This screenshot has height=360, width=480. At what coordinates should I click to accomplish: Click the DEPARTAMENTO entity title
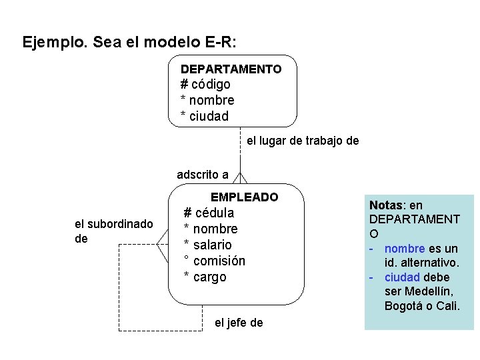click(x=231, y=69)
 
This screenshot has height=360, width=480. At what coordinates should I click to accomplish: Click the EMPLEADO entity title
click(x=244, y=197)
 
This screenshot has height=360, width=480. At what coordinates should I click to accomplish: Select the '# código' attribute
click(x=205, y=85)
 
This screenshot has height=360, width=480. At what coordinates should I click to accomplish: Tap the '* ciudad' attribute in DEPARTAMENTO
click(x=205, y=117)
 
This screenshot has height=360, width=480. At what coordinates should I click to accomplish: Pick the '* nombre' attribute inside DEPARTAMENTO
click(x=207, y=101)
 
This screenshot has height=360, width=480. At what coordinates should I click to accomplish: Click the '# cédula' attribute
click(x=209, y=213)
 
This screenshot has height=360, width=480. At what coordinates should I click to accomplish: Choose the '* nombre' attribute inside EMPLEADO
click(x=211, y=229)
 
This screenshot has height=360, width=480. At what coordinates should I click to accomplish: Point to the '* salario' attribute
click(x=208, y=245)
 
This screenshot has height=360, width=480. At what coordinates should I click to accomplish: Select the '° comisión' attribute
click(x=215, y=261)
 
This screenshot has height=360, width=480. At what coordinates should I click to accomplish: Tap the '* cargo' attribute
click(x=205, y=277)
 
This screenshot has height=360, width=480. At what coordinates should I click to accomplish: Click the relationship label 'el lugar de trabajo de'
click(x=303, y=141)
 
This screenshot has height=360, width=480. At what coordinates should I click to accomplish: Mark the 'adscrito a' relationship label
click(x=203, y=175)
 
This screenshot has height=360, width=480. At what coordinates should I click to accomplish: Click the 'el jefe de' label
click(x=239, y=323)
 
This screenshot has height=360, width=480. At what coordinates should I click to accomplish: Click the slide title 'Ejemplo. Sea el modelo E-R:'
click(x=130, y=43)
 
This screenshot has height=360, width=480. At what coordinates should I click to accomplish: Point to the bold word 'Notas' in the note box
click(x=385, y=205)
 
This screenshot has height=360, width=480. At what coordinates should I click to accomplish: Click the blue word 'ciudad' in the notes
click(x=403, y=277)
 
